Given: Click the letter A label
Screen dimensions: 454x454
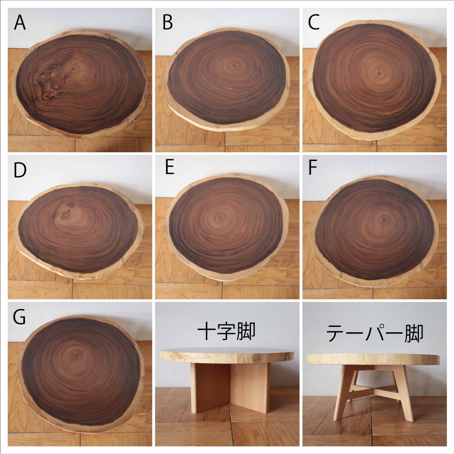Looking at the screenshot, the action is coord(20,22).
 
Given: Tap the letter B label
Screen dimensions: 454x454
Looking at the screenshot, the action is coord(168,22).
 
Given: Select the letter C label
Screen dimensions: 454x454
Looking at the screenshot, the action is coord(314,22).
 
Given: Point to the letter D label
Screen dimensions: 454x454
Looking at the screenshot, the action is coord(20,170).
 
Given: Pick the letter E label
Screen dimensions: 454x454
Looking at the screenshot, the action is coord(170,167).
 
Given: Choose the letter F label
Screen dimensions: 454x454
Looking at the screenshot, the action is coord(313,167).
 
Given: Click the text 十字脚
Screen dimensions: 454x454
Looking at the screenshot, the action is coord(227,331).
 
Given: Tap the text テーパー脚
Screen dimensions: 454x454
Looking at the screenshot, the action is coord(375,333).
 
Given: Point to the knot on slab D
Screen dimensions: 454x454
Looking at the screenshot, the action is coord(67,211).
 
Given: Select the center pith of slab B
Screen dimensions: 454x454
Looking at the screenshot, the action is coord(234,66).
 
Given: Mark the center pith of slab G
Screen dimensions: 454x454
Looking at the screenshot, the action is coord(77,355).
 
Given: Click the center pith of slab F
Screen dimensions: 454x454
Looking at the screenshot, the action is coord(384,220).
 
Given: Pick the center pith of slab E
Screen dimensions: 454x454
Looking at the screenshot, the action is coord(220,218).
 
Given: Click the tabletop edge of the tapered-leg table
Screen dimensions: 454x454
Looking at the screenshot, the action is coord(373,359).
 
